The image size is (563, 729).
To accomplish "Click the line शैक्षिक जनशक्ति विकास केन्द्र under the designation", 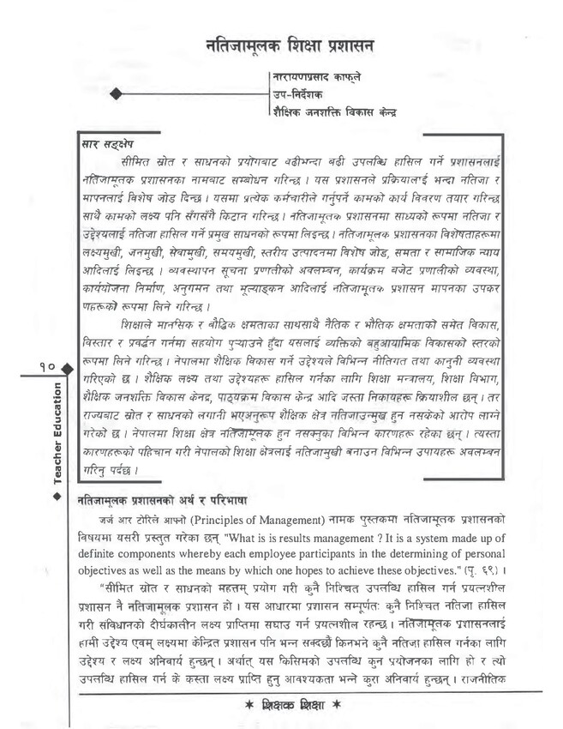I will [336, 111].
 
